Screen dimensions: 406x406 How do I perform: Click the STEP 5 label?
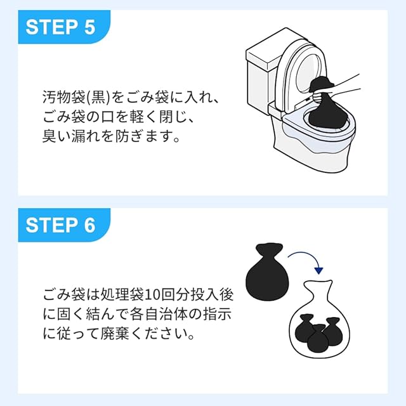[x=61, y=27]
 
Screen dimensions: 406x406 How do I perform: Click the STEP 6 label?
[x=61, y=225]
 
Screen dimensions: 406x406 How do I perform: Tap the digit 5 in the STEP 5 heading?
[x=89, y=27]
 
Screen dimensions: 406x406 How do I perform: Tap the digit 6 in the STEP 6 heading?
[x=89, y=225]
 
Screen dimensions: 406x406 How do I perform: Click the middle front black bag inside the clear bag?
[x=318, y=339]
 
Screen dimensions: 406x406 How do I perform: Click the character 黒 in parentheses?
[x=98, y=98]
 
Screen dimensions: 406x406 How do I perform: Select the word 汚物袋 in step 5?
[x=64, y=98]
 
